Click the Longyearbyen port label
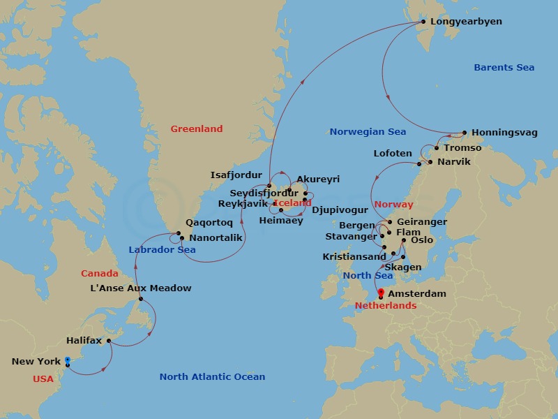(466, 22)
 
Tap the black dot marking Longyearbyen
(422, 22)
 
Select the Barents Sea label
(504, 68)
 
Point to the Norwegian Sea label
(368, 131)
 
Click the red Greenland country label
(197, 128)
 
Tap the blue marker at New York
(68, 360)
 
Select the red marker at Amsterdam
(380, 293)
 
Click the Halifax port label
(84, 341)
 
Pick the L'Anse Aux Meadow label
(141, 288)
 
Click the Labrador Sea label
(162, 250)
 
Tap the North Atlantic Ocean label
(212, 377)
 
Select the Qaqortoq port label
(209, 224)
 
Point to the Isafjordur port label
(236, 175)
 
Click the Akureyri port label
(318, 179)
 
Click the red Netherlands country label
(385, 306)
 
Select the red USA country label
(43, 379)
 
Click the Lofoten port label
(393, 153)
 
